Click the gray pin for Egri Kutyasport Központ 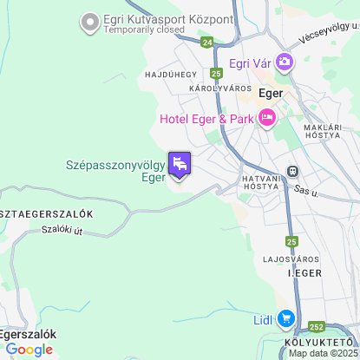tap(88, 21)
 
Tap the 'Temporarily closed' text tap(144, 29)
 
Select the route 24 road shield tap(205, 41)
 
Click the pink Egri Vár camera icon tap(285, 62)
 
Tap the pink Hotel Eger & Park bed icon tap(266, 118)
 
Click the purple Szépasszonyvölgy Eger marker tap(180, 163)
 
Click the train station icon tap(294, 171)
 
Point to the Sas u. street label tap(304, 188)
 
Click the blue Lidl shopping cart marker tap(285, 319)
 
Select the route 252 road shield tap(317, 327)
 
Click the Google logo tap(29, 350)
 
